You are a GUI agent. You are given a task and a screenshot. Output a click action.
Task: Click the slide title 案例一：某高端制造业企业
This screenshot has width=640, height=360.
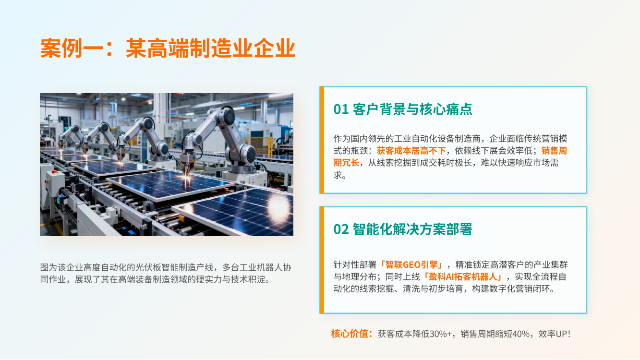168,48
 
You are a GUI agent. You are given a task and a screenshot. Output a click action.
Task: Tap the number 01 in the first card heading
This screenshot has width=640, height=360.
341,109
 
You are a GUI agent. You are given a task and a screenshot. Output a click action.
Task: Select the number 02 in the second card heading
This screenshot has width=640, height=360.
341,229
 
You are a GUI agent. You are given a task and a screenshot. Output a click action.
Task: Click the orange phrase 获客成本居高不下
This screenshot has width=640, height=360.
411,151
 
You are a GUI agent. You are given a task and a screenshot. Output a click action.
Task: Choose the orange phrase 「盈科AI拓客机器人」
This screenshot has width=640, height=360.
463,277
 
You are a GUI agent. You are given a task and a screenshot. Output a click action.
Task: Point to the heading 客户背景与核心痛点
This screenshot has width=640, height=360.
412,109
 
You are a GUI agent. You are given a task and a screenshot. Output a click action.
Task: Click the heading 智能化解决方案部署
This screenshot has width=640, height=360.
412,229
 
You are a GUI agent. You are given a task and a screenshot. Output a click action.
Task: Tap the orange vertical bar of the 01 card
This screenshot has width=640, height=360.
322,140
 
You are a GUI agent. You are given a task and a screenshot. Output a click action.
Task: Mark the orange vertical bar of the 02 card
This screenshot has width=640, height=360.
322,260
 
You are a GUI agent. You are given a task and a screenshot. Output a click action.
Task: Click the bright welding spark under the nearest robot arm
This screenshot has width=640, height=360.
187,178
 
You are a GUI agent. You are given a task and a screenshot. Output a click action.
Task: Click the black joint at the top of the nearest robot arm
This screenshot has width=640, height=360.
229,117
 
